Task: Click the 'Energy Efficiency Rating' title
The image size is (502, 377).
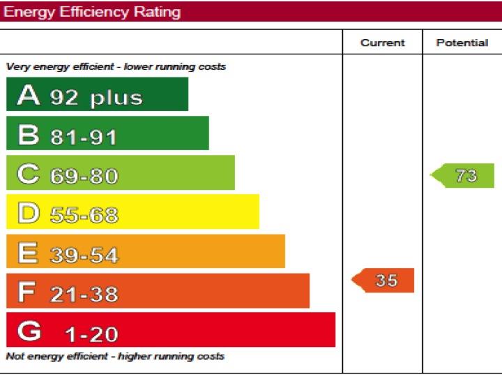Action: point(92,12)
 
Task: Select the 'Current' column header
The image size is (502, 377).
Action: point(382,43)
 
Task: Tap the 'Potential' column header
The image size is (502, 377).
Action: point(462,43)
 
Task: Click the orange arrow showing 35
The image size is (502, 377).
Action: point(383,281)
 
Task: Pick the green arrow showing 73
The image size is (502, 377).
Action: point(464,175)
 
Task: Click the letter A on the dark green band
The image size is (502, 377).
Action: point(29,95)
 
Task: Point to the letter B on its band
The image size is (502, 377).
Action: point(28,135)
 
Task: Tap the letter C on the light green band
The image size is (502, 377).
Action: point(29,174)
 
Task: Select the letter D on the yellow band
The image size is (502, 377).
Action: point(29,214)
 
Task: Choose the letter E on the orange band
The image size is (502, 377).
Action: point(28,253)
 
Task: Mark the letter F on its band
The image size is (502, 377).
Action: point(26,293)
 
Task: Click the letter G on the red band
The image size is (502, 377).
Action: point(29,332)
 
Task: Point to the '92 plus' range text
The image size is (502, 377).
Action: point(96,97)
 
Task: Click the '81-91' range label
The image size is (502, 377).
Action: point(84,137)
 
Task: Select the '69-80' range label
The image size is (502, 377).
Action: point(84,176)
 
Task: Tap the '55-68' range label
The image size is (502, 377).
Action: point(84,216)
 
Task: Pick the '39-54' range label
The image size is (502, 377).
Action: point(84,255)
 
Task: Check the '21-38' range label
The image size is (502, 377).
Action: point(84,295)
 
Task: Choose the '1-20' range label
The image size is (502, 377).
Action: point(91,334)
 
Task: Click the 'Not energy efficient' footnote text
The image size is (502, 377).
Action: point(115,356)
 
